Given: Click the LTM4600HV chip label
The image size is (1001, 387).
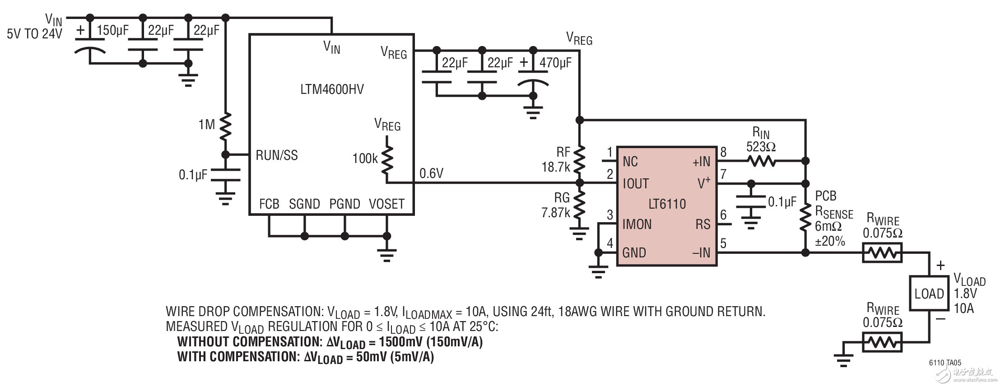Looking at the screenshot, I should coord(331,89).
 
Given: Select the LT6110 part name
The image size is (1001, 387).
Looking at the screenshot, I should coord(667,204).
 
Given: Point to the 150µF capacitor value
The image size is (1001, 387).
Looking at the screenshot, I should coord(112,31).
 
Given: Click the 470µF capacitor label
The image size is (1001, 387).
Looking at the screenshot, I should coord(555,63).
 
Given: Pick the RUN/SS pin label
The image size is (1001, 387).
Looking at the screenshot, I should coord(276,155).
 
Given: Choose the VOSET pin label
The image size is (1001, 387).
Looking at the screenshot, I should coord(386,204).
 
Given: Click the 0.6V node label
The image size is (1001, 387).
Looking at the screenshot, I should coord(431,173).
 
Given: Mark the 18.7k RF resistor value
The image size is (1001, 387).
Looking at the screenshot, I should coord(556,167).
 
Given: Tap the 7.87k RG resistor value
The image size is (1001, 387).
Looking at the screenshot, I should coord(555,212).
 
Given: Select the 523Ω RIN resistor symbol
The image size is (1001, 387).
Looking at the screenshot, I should coord(761,161).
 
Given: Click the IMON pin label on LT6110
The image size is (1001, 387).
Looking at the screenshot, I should coord(637,224).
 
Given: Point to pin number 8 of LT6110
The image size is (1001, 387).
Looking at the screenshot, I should coord(723,152).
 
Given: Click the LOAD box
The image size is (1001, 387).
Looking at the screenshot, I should coord(929,294).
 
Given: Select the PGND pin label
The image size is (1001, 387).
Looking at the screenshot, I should coord(345,204).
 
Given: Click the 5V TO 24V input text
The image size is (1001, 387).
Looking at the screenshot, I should coord(34,34).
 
